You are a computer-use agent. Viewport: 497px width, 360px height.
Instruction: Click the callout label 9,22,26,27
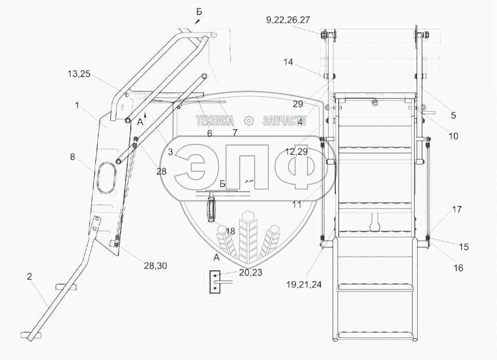288,20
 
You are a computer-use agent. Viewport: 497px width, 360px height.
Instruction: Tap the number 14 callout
288,62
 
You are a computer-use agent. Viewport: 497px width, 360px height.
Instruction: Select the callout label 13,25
79,74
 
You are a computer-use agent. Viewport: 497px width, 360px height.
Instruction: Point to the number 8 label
73,157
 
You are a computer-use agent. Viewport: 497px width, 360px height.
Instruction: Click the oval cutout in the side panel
106,178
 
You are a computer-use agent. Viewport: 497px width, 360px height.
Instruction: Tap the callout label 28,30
156,266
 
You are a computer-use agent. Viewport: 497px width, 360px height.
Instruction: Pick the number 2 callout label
29,277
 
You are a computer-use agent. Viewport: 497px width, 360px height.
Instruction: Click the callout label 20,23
250,272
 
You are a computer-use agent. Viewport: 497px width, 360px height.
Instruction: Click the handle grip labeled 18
211,210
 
